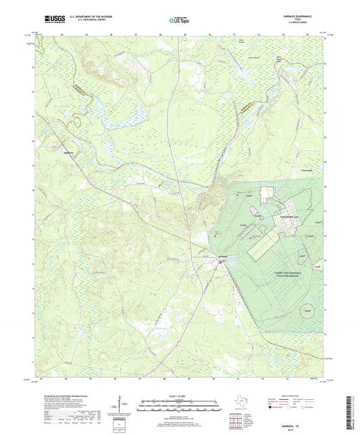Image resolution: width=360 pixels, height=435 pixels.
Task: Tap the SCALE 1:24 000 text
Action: coord(180,396)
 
